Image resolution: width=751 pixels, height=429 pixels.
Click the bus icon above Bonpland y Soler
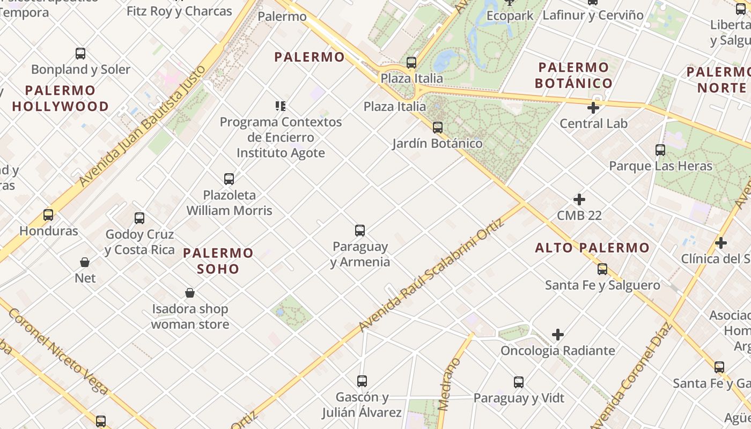point(80,54)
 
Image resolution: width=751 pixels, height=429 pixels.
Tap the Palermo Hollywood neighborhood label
point(60,98)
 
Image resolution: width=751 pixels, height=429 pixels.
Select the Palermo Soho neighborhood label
point(218,260)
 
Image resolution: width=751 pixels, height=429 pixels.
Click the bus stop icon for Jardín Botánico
point(438,128)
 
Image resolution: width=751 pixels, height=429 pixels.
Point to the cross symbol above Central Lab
point(593,108)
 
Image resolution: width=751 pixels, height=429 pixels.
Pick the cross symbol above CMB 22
point(579,199)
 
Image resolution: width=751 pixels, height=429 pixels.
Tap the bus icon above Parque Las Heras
point(660,150)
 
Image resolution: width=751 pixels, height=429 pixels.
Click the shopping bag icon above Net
point(85,262)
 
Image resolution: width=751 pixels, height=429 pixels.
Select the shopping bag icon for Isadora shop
point(190,293)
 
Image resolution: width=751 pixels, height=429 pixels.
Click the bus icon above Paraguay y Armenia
point(360,231)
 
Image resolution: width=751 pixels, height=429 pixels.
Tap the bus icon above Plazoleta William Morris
point(229,179)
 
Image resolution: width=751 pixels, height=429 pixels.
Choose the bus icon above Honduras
point(48,215)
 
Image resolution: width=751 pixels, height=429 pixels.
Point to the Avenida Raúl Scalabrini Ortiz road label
point(432,275)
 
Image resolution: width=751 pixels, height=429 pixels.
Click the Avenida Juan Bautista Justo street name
point(142,127)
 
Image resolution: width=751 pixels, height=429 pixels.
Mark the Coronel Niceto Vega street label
point(58,351)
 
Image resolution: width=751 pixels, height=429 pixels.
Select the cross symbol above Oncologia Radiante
point(558,335)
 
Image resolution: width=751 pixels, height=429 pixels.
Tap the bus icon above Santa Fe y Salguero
point(602,269)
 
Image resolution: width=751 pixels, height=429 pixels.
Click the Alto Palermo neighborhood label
point(592,248)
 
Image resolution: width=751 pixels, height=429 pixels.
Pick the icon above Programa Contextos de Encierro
point(281,106)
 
